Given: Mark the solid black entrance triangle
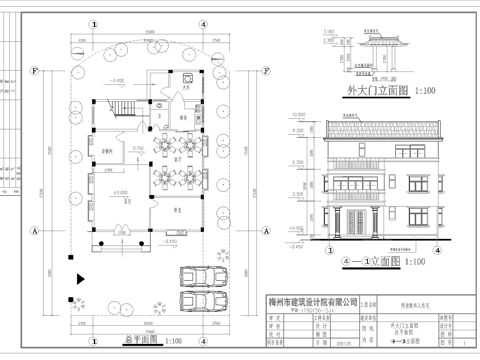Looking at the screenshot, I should point(79,279).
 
